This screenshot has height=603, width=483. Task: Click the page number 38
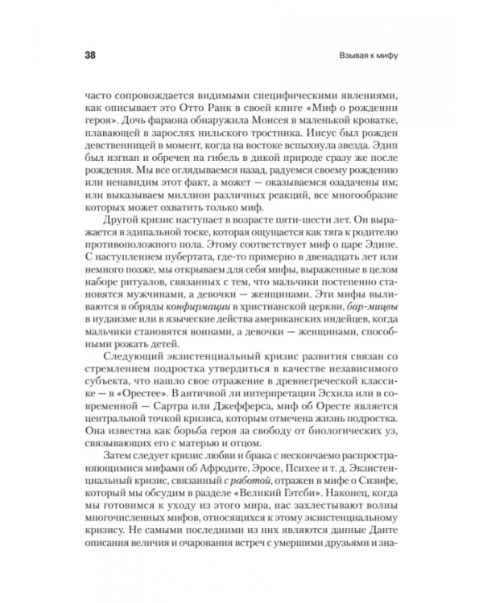point(89,56)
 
